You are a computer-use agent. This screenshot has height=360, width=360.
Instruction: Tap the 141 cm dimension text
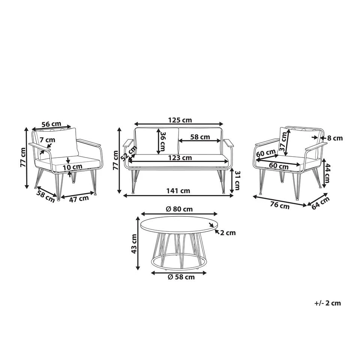coord(178,190)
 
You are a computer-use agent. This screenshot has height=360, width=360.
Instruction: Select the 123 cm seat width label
coord(180,158)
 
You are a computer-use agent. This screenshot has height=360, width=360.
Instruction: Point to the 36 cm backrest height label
coord(162,141)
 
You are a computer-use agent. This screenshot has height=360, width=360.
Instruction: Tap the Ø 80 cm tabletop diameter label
coord(179,209)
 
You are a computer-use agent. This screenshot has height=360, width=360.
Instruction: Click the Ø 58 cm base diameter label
coord(181,277)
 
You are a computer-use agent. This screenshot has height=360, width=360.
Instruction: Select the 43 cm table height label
coord(134,244)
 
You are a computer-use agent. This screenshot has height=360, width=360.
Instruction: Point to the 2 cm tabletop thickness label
coord(228,232)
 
